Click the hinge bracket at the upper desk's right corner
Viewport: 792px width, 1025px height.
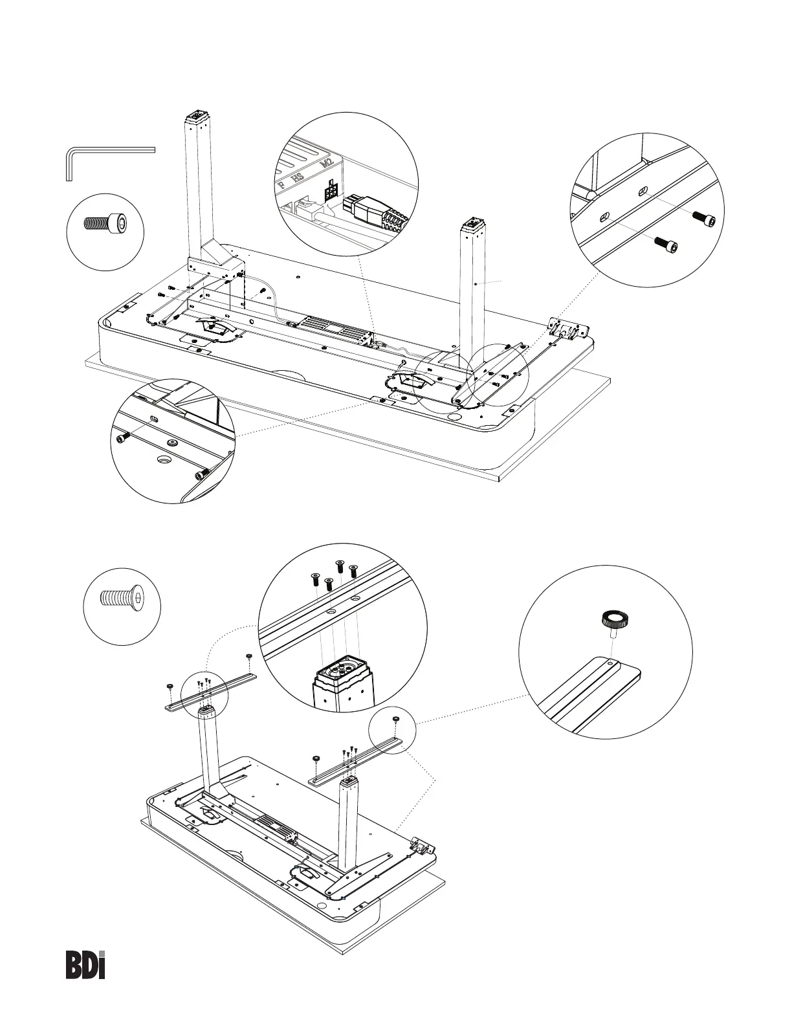pyautogui.click(x=566, y=329)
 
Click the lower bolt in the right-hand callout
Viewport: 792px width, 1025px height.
pyautogui.click(x=666, y=245)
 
